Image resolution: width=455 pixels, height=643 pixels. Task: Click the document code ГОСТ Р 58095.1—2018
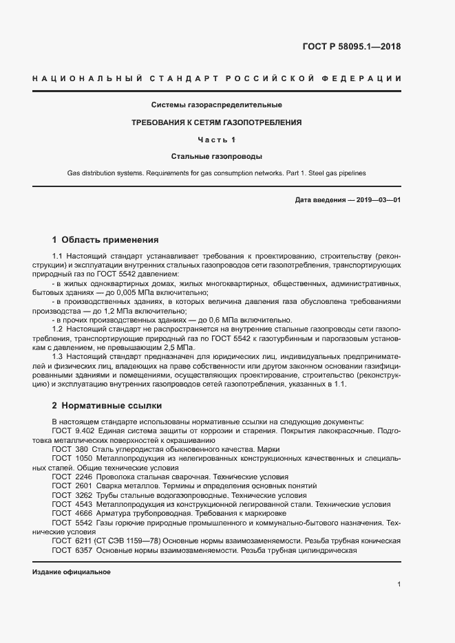pyautogui.click(x=351, y=47)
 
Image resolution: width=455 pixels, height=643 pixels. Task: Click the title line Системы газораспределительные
pyautogui.click(x=217, y=105)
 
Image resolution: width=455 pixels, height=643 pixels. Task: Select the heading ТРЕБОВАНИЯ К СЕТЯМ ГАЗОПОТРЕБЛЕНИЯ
pyautogui.click(x=217, y=122)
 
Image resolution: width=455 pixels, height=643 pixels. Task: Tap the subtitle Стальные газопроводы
pyautogui.click(x=217, y=157)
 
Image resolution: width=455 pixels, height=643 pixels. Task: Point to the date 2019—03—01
pyautogui.click(x=379, y=199)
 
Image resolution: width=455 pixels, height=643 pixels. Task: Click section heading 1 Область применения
pyautogui.click(x=105, y=240)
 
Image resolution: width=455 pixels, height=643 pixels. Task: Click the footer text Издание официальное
pyautogui.click(x=72, y=572)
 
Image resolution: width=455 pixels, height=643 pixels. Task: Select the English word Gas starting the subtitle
pyautogui.click(x=74, y=173)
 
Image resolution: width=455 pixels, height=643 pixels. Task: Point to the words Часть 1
pyautogui.click(x=217, y=140)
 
